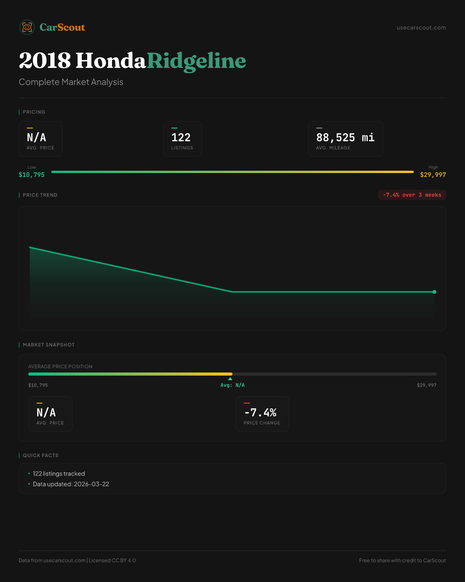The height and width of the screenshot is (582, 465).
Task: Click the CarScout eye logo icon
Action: click(27, 27)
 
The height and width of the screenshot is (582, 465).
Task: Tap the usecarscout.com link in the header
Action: click(421, 28)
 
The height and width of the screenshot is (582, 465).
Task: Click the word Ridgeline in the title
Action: click(196, 61)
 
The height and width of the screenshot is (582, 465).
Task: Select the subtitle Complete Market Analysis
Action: click(71, 82)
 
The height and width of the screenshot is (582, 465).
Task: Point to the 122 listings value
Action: click(181, 137)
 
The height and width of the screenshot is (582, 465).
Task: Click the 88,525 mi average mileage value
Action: click(345, 137)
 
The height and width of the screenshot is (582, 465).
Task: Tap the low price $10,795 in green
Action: click(32, 175)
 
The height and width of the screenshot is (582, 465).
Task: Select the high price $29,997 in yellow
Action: click(433, 175)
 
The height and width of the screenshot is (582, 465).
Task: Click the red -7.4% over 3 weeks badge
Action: click(412, 195)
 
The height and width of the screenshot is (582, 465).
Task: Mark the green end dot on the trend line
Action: click(434, 292)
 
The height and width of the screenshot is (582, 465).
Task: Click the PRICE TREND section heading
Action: click(40, 195)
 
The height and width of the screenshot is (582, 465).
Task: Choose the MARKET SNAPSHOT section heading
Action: click(48, 345)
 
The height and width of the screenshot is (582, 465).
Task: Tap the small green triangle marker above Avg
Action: click(230, 379)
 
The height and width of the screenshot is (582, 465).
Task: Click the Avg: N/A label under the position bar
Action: click(232, 385)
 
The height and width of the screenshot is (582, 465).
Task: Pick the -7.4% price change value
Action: click(260, 412)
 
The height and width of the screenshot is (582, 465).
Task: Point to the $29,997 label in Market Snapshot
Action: click(427, 385)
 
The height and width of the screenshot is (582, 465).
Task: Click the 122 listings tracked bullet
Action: click(59, 474)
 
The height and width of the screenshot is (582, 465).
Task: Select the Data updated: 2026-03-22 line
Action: click(71, 484)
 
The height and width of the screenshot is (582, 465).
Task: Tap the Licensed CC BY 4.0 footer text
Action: click(112, 560)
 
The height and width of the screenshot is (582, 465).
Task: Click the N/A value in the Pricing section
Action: click(36, 137)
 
